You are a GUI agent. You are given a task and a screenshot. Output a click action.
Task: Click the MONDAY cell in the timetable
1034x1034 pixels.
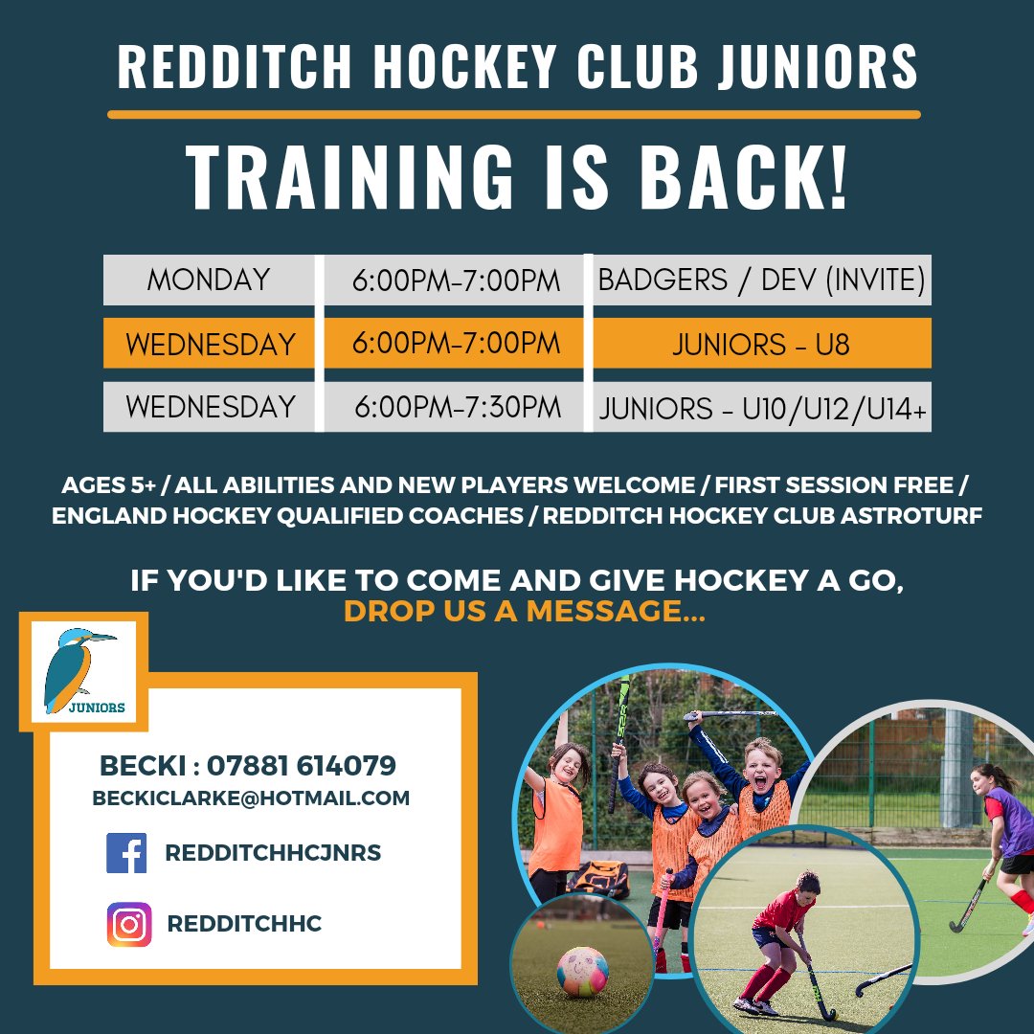(209, 281)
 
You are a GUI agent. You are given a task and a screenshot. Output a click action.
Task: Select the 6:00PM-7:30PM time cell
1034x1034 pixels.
(457, 407)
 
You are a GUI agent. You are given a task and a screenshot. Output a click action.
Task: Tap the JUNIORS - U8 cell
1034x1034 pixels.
(760, 344)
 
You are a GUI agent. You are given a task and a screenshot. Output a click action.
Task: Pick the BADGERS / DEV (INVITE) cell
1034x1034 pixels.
(761, 281)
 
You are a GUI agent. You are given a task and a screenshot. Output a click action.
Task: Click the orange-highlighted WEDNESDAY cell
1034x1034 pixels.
(210, 344)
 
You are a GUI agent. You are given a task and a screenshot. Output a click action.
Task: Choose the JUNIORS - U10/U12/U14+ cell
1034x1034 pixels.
(762, 409)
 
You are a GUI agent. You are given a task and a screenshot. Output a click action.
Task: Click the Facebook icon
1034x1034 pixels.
(126, 853)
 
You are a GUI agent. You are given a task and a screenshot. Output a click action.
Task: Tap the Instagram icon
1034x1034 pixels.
(129, 925)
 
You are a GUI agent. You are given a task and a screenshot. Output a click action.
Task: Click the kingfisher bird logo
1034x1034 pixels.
(84, 670)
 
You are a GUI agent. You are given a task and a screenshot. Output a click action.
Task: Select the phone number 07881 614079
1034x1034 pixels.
(301, 766)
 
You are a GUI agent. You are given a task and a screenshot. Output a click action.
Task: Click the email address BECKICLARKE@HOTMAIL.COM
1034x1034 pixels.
(251, 798)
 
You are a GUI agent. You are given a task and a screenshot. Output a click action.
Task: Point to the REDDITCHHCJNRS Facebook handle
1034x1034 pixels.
(273, 853)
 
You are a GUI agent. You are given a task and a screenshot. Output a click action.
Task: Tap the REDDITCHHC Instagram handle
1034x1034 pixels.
(244, 925)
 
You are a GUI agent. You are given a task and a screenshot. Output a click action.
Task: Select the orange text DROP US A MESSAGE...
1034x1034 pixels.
(524, 611)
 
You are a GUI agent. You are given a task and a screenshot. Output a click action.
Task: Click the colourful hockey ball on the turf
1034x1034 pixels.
(582, 971)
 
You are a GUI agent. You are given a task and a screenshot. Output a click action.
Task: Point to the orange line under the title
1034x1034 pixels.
(514, 114)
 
